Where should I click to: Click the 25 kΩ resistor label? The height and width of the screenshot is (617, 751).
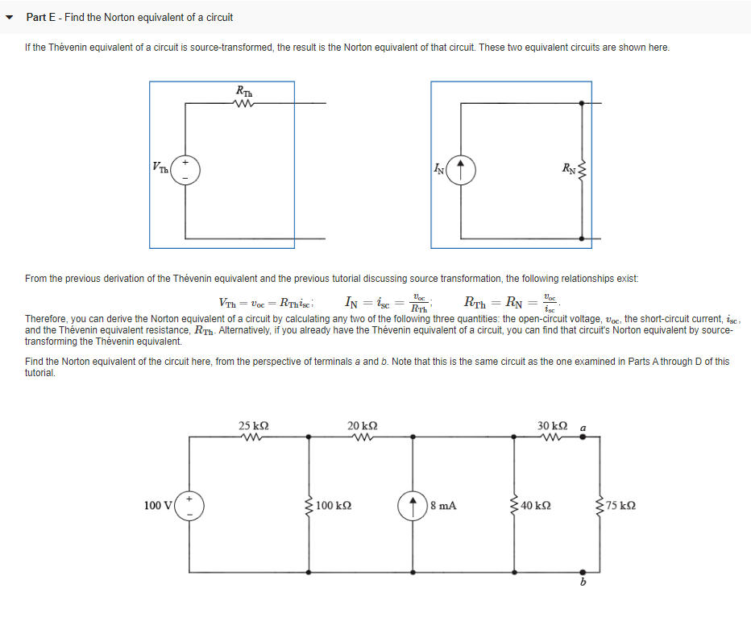tap(254, 425)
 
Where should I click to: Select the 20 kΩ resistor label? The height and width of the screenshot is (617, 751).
tap(362, 425)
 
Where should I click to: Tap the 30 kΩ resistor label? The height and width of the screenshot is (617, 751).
tap(553, 425)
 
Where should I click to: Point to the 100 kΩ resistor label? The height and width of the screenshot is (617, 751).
tap(335, 506)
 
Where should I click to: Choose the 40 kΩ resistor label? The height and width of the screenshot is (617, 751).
tap(537, 506)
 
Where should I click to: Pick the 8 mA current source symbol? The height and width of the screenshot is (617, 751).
tap(413, 505)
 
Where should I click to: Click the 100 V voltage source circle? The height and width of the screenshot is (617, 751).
tap(190, 505)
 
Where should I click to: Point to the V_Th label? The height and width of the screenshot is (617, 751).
tap(161, 168)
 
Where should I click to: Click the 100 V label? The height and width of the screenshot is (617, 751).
tap(158, 506)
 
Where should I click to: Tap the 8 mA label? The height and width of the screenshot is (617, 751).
tap(444, 506)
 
